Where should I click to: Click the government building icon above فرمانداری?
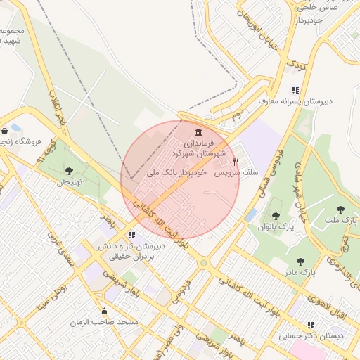(198, 133)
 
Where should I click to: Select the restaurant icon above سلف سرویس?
(236, 161)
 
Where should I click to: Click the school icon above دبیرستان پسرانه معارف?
(295, 91)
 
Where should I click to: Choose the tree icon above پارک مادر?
(300, 261)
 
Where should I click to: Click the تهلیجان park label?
(70, 182)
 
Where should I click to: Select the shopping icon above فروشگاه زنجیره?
(5, 130)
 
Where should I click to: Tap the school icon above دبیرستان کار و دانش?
(131, 235)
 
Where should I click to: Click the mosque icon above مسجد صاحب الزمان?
(105, 311)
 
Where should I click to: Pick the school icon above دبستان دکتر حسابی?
(311, 325)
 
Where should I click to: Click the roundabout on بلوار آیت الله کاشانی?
(204, 264)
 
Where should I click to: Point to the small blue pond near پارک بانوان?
(251, 214)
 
